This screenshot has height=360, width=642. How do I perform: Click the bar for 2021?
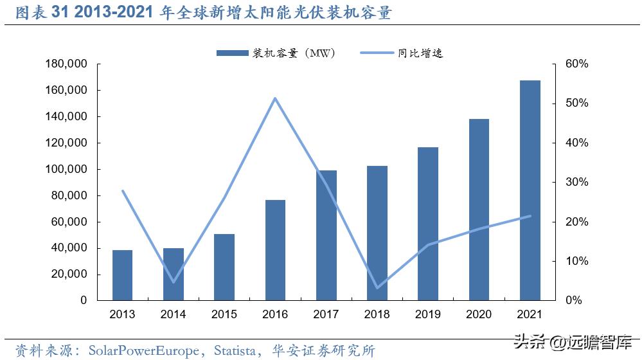[x=530, y=190]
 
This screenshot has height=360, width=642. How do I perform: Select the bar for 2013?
[x=122, y=275]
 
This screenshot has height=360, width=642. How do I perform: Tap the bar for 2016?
[x=275, y=250]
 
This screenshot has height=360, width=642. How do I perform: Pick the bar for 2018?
[x=377, y=233]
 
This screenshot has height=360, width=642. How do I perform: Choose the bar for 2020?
[x=479, y=210]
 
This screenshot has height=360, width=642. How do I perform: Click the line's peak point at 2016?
[x=275, y=98]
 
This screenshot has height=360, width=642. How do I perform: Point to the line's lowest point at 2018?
[x=377, y=287]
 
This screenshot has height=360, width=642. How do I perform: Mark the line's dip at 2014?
[x=173, y=282]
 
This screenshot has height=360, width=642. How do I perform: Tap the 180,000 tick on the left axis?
[x=66, y=64]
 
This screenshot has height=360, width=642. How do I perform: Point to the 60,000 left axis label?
[x=69, y=222]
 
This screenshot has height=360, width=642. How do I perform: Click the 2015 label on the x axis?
[x=224, y=314]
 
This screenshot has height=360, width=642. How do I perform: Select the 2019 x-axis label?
[x=428, y=314]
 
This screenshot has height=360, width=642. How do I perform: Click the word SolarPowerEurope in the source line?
[x=141, y=350]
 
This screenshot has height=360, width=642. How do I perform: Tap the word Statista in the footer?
[x=237, y=350]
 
